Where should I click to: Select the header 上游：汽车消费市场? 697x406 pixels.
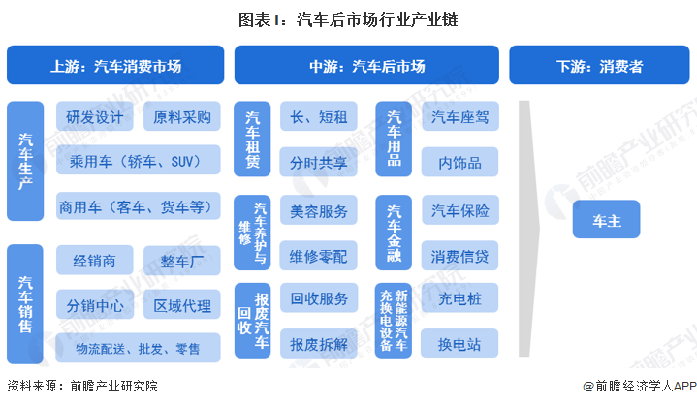(116, 66)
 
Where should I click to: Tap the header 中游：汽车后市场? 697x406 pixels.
(366, 66)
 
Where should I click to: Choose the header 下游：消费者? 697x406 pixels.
(599, 66)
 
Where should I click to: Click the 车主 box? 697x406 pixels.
(606, 219)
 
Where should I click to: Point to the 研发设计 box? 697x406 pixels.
(95, 118)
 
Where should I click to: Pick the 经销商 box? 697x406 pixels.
(95, 261)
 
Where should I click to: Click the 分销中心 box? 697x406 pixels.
(95, 306)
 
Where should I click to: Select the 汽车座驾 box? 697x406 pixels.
(460, 118)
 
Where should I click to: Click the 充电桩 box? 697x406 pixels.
(460, 299)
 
